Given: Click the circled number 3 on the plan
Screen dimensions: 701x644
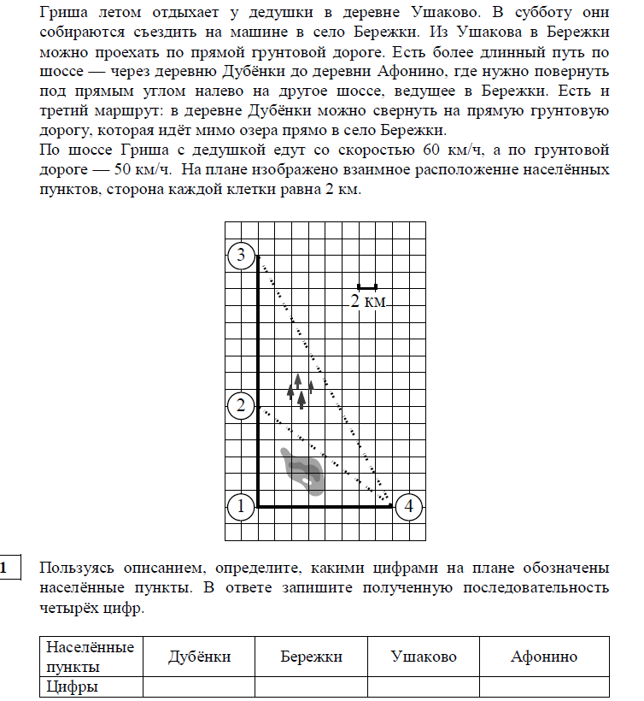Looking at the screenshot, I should pyautogui.click(x=241, y=254).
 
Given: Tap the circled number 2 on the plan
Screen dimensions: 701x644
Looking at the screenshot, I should pyautogui.click(x=241, y=405).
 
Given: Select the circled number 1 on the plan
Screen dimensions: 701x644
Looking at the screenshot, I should pyautogui.click(x=241, y=506).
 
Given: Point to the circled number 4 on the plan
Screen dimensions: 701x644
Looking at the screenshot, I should pyautogui.click(x=410, y=506).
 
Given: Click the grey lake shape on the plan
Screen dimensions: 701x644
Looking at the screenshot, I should pyautogui.click(x=304, y=470).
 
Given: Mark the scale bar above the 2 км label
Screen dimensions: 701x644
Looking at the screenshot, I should pyautogui.click(x=367, y=286).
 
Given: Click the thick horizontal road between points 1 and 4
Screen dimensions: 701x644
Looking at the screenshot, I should pyautogui.click(x=325, y=506).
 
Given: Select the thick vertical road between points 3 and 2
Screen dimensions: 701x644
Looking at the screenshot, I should pyautogui.click(x=259, y=329).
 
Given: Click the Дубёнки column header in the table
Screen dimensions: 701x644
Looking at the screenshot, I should pyautogui.click(x=199, y=657).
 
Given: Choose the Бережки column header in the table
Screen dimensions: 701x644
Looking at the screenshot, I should pyautogui.click(x=311, y=657).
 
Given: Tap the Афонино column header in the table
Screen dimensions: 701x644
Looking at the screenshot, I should pyautogui.click(x=544, y=657).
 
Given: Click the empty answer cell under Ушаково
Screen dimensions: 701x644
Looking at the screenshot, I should pyautogui.click(x=423, y=686).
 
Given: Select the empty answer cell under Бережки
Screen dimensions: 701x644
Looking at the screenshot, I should pyautogui.click(x=311, y=686).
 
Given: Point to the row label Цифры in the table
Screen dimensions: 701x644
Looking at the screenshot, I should pyautogui.click(x=73, y=686).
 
